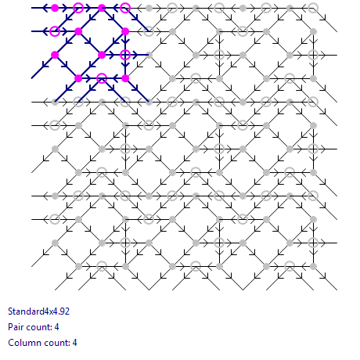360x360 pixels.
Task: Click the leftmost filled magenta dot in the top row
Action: pyautogui.click(x=55, y=8)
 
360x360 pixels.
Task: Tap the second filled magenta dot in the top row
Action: pyautogui.click(x=102, y=8)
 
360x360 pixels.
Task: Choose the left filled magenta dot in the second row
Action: pyautogui.click(x=78, y=31)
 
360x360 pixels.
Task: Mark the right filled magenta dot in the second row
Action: pyautogui.click(x=125, y=31)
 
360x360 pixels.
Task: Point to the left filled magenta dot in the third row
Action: pyautogui.click(x=55, y=55)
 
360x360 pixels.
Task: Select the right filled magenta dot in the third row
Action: pyautogui.click(x=102, y=55)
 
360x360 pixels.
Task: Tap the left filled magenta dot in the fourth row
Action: pyautogui.click(x=78, y=78)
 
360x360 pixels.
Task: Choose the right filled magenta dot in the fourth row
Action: pyautogui.click(x=125, y=78)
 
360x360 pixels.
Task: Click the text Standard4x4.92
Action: pyautogui.click(x=39, y=311)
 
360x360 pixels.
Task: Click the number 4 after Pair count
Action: pyautogui.click(x=57, y=327)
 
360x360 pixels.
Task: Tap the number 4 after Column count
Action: pyautogui.click(x=75, y=343)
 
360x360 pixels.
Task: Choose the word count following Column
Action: pyautogui.click(x=53, y=343)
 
